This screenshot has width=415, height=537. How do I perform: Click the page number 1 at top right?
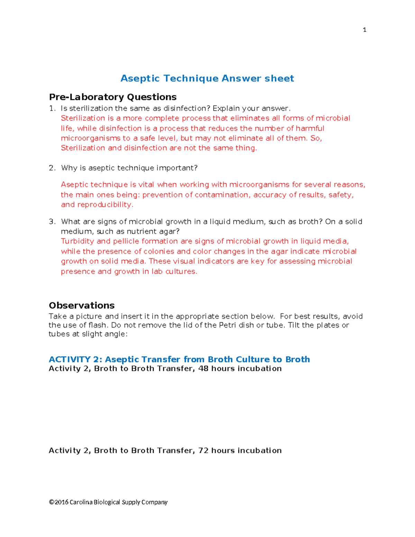pos(365,30)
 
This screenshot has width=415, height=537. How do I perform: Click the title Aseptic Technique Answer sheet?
pos(207,78)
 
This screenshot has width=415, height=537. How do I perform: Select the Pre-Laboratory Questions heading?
pos(113,97)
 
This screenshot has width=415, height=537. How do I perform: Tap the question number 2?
pos(52,168)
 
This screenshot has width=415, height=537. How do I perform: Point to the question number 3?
pos(52,222)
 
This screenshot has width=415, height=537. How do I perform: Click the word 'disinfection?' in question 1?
pos(187,109)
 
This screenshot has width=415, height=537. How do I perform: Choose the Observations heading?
pos(82,305)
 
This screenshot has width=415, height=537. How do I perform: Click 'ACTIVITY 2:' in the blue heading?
pos(75,359)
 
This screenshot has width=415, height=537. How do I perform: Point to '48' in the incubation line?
pos(203,369)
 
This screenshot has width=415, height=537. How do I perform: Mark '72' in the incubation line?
pos(203,451)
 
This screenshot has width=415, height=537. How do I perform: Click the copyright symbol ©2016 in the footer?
pos(58,502)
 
